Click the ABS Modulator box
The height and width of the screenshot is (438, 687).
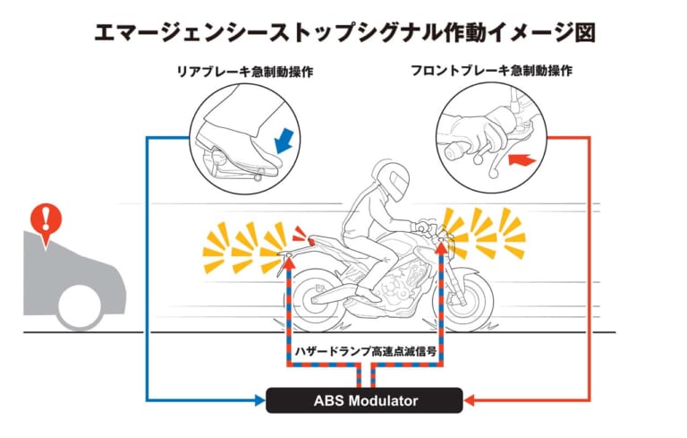[x=364, y=399]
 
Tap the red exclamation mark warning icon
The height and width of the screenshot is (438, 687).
[x=42, y=218]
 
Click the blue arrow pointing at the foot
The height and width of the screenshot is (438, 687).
[x=285, y=140]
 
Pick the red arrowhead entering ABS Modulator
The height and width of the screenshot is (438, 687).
[x=469, y=399]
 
